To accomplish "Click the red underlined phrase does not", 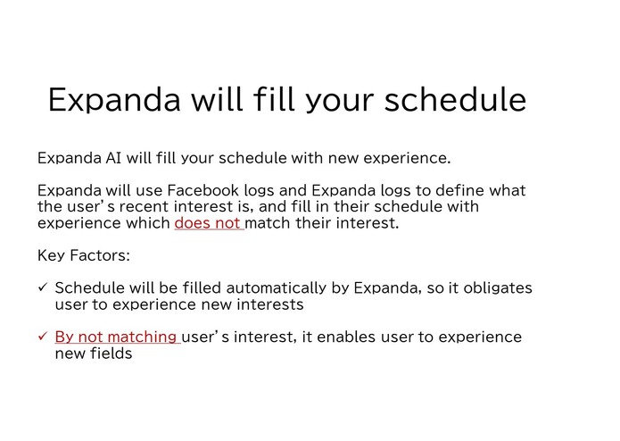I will tap(208, 222).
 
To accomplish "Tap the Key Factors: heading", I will tap(84, 255).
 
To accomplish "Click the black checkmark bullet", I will tap(43, 288).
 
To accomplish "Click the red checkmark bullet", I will tap(43, 337).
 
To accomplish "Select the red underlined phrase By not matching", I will tap(117, 337).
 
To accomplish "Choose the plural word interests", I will tap(271, 304).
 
